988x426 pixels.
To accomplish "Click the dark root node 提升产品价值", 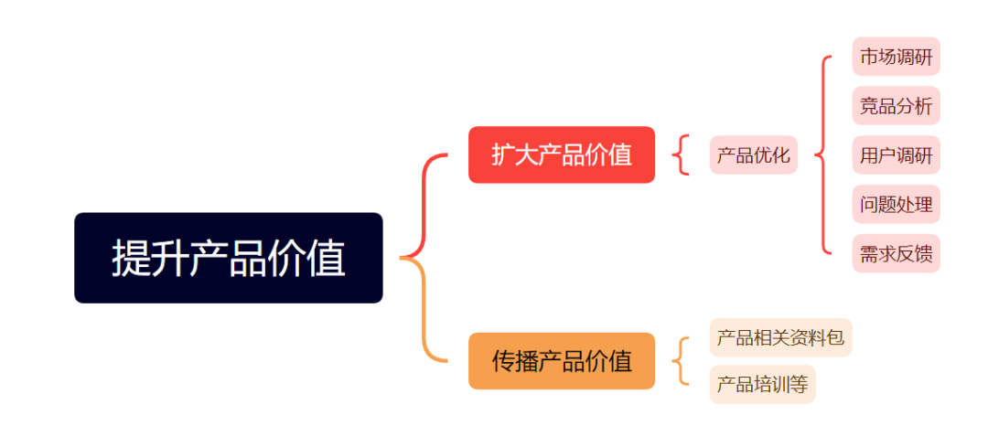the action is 228,258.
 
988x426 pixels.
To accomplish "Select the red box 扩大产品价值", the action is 562,154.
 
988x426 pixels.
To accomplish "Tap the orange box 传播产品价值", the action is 562,361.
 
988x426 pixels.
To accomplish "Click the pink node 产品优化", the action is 754,154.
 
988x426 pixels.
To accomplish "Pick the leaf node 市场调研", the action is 896,57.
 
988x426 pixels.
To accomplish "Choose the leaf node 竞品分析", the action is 896,106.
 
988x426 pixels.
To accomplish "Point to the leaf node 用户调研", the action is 896,154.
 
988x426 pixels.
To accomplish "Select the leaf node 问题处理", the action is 896,204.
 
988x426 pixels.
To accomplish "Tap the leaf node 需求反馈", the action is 896,253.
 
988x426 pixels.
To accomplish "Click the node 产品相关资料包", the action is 780,338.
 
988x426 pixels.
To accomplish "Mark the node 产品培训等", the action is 762,385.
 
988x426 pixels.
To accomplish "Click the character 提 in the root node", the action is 131,258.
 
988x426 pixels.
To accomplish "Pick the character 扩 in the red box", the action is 503,154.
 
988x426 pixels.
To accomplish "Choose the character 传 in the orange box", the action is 503,361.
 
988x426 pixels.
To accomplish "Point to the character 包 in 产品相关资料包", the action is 835,338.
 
